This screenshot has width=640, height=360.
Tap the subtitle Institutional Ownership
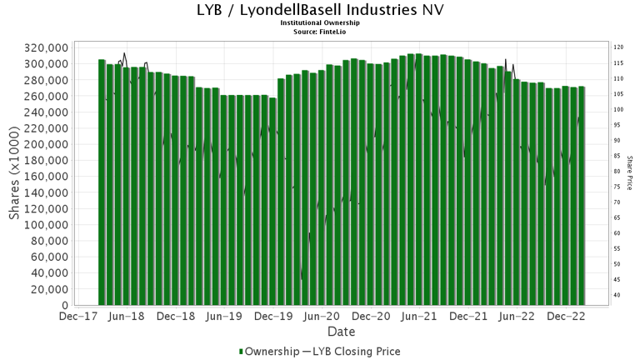click(319, 23)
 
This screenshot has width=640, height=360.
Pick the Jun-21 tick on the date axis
click(420, 317)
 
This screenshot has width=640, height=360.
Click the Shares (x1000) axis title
click(15, 175)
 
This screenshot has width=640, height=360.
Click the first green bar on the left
click(102, 183)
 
